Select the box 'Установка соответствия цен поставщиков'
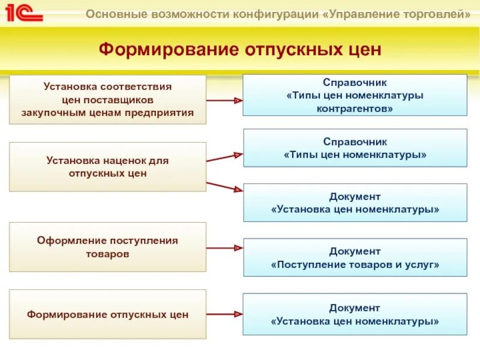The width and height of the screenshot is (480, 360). (x=107, y=100)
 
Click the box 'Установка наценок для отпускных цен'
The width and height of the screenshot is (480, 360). (x=107, y=167)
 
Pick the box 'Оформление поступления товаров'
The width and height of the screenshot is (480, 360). (x=107, y=247)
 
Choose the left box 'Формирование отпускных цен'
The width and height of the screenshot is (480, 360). (x=107, y=314)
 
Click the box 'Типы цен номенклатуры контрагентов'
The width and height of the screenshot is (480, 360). (x=355, y=95)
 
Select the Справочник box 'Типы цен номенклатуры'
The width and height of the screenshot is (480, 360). (x=355, y=148)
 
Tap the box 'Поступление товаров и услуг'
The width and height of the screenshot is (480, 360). (x=355, y=257)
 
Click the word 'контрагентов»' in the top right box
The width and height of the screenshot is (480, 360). (x=355, y=109)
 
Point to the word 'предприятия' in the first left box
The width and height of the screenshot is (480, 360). (x=167, y=112)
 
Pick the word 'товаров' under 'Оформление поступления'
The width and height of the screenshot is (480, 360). (x=107, y=254)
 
